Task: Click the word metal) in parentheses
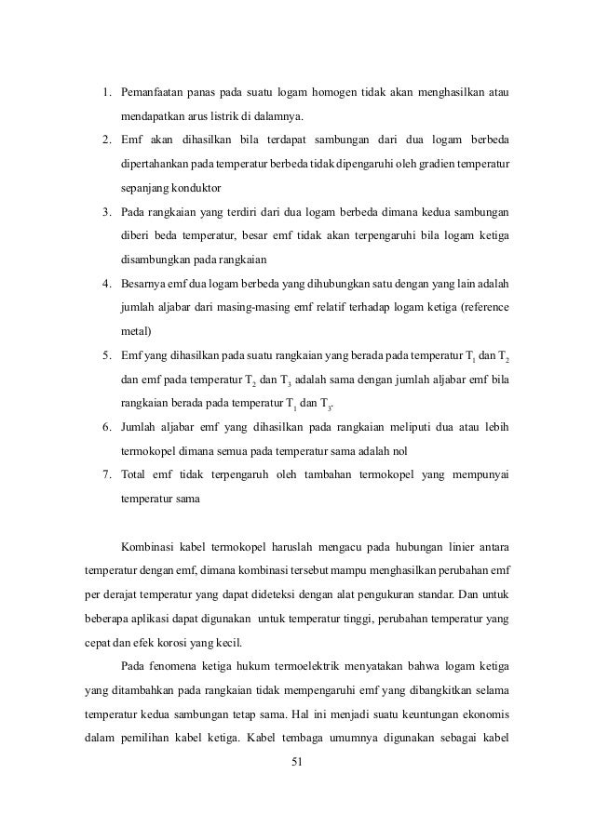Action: pyautogui.click(x=140, y=330)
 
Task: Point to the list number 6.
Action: pyautogui.click(x=107, y=426)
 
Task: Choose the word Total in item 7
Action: pyautogui.click(x=137, y=473)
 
